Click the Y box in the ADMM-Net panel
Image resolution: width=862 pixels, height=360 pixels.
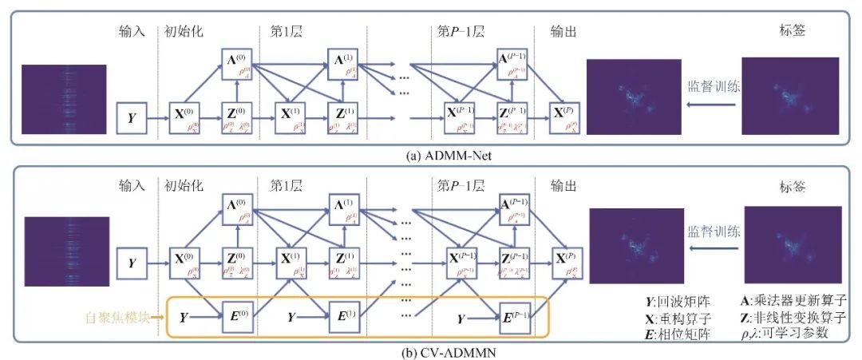point(131,117)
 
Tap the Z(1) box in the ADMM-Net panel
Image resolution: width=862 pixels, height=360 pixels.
point(342,117)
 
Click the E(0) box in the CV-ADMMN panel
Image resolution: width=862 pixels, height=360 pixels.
point(236,317)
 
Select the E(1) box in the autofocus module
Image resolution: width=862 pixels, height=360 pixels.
point(342,317)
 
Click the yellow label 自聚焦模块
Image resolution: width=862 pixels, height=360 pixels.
point(122,317)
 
